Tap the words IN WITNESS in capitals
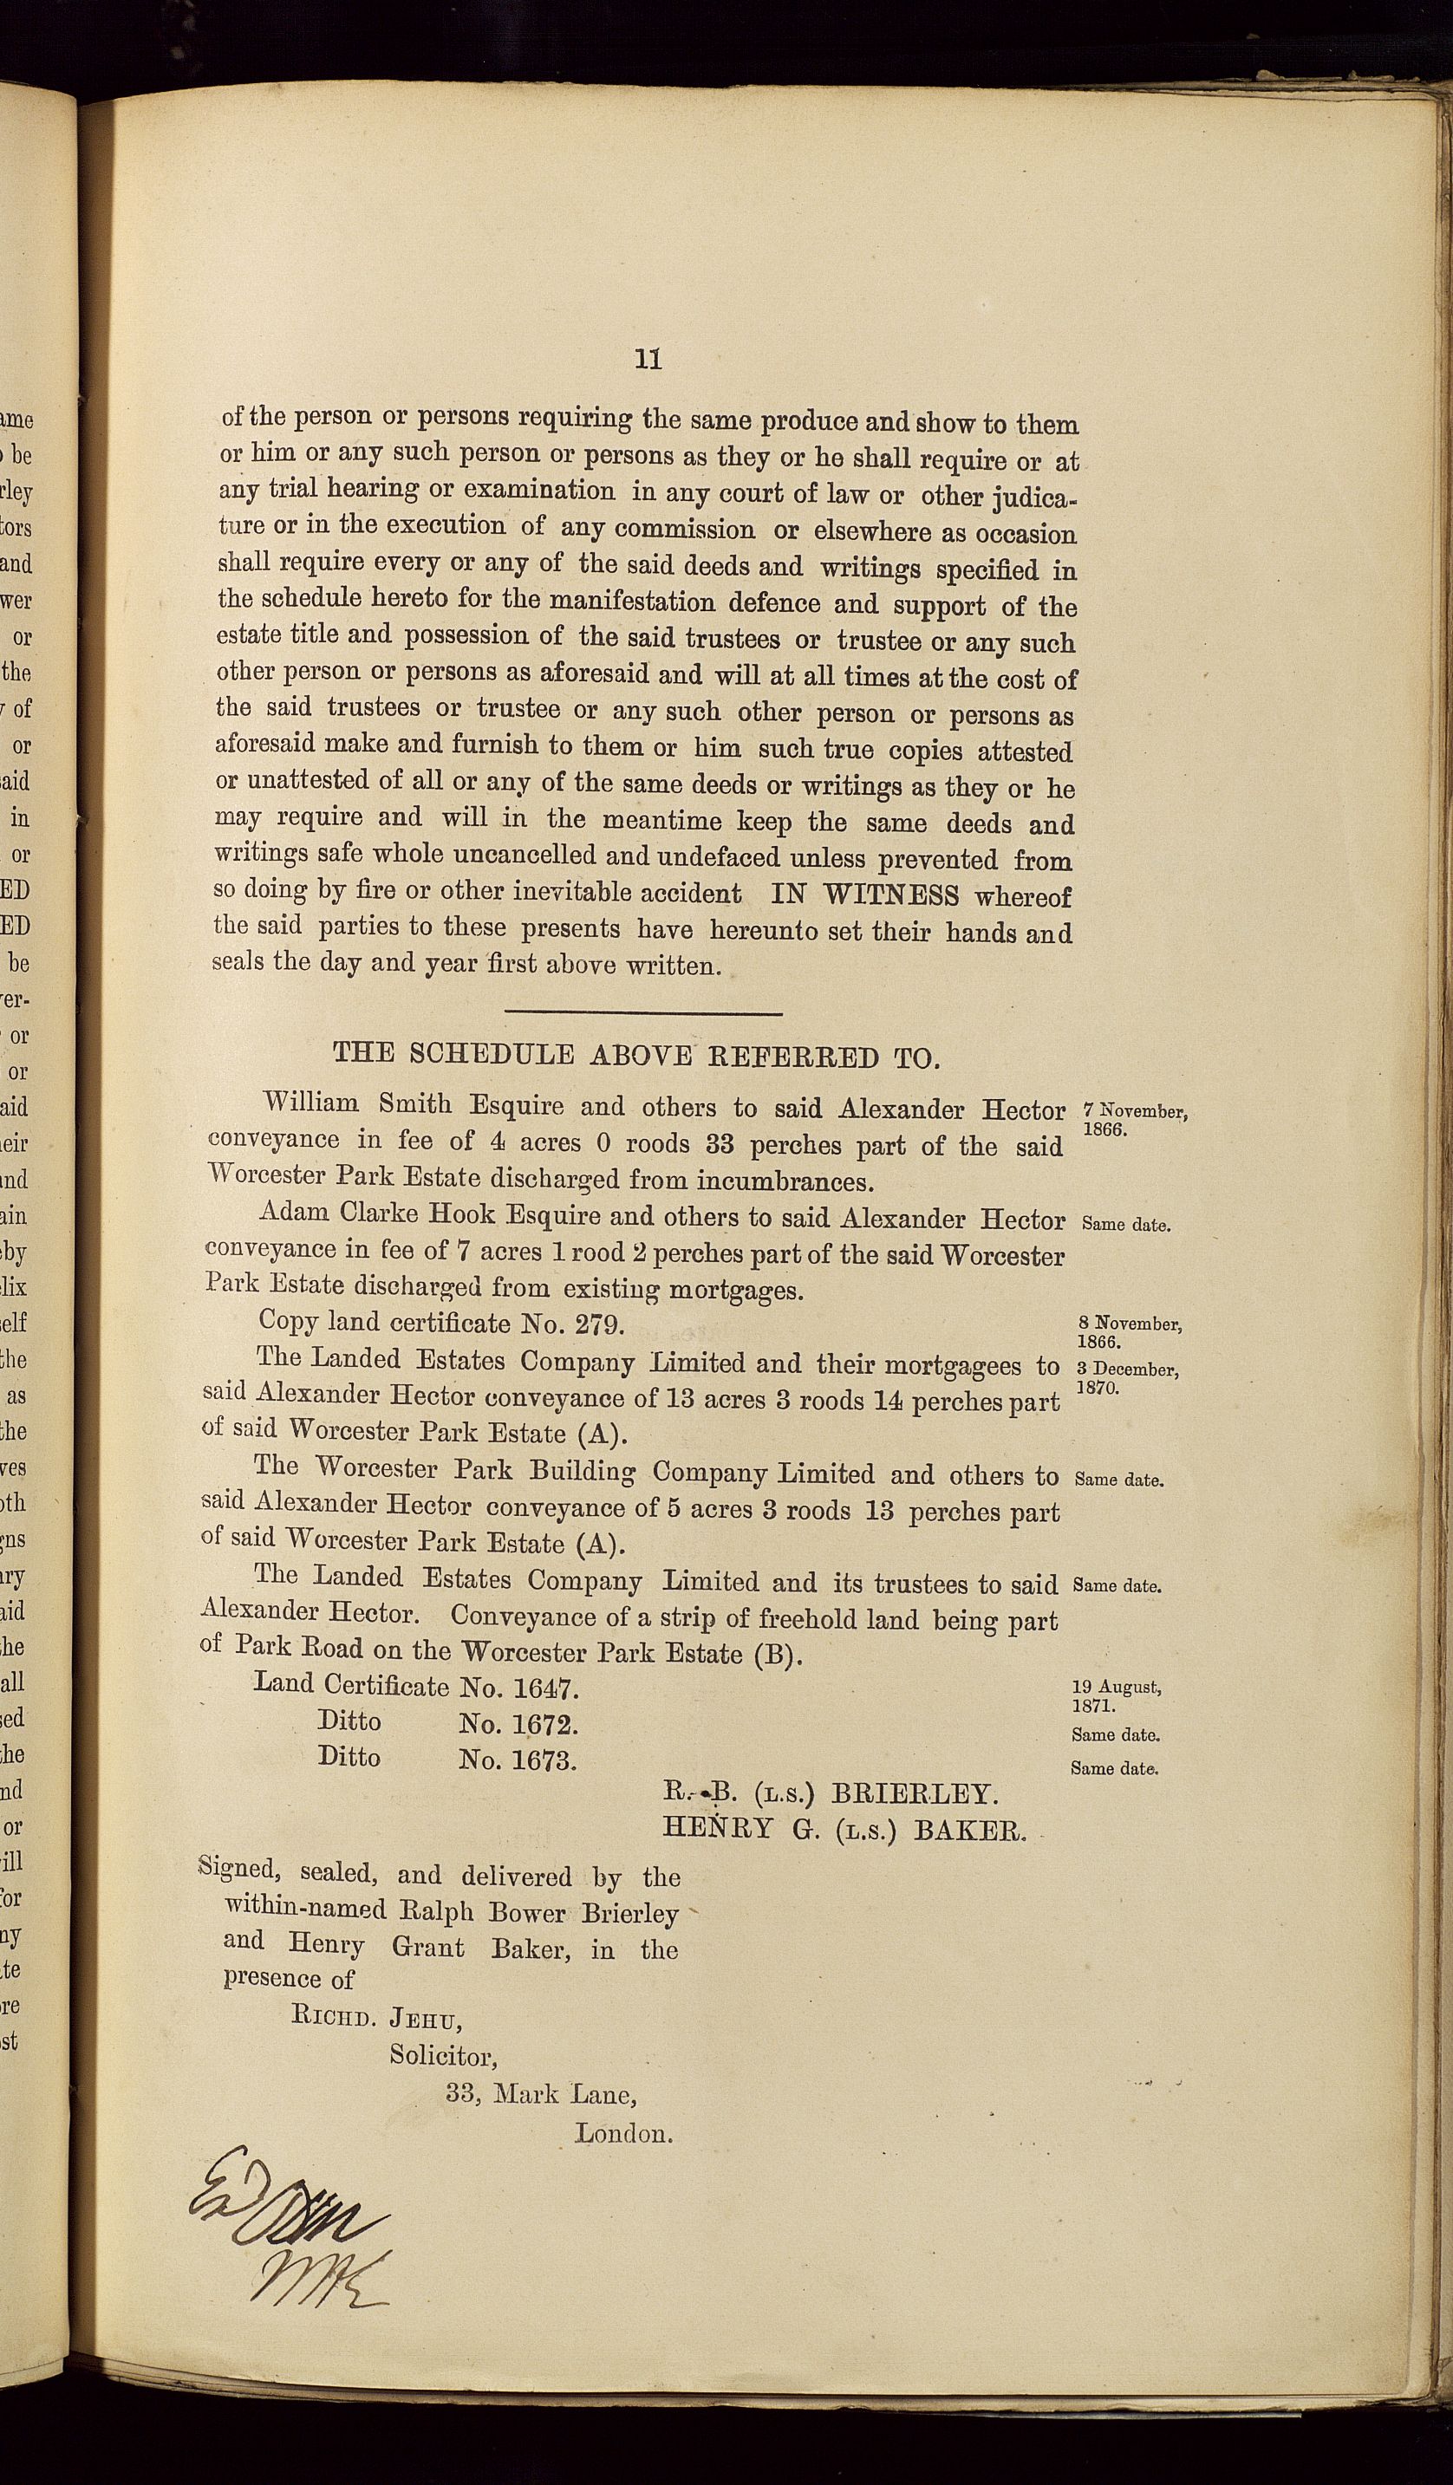864,894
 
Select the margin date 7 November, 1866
1133,1120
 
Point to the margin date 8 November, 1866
1130,1332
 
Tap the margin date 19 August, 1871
1116,1695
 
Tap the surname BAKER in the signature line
971,1831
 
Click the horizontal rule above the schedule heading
643,1012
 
